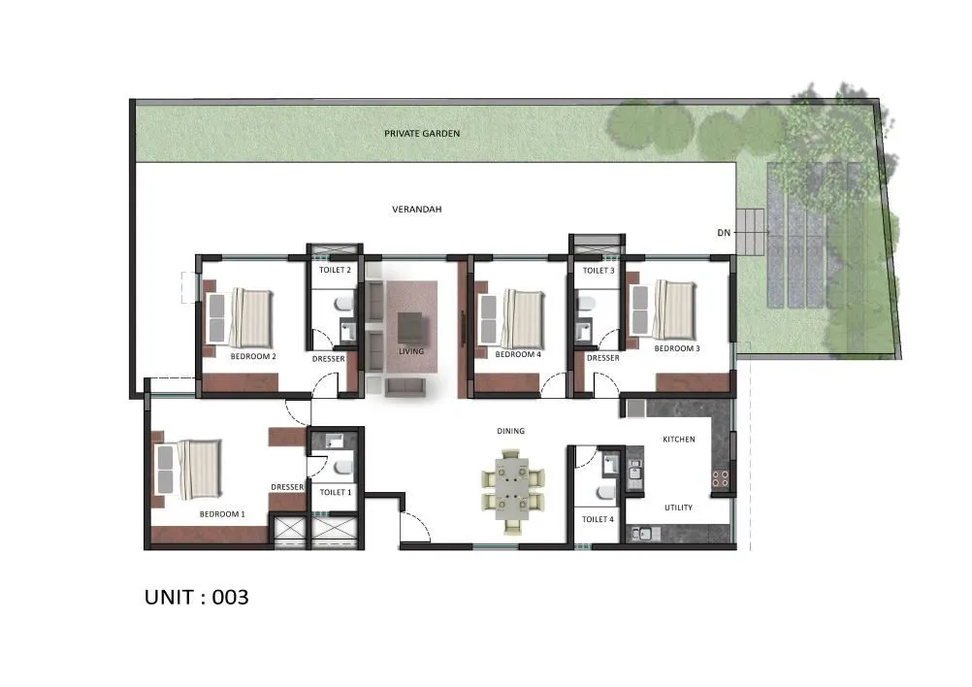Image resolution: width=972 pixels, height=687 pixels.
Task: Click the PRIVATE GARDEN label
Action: click(421, 133)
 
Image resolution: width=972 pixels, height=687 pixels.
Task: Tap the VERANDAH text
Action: click(416, 209)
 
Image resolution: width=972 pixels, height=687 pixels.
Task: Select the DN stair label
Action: click(723, 233)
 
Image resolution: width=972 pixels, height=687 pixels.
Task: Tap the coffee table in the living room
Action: click(411, 325)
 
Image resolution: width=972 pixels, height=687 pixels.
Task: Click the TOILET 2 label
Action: click(335, 271)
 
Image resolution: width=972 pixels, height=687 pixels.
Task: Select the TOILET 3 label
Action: click(598, 271)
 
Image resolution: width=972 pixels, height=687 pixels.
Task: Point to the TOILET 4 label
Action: click(597, 519)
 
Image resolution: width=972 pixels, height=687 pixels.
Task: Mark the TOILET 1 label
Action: click(335, 493)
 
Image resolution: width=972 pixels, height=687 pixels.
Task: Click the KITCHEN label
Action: click(678, 440)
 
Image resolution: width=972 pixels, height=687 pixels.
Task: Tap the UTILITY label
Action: click(678, 507)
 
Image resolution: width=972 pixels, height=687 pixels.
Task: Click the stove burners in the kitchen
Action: click(721, 476)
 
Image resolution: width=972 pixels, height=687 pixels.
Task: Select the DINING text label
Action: click(510, 431)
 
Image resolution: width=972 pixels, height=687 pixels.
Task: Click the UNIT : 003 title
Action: click(197, 597)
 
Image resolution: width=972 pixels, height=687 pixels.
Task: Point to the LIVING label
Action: click(411, 351)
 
